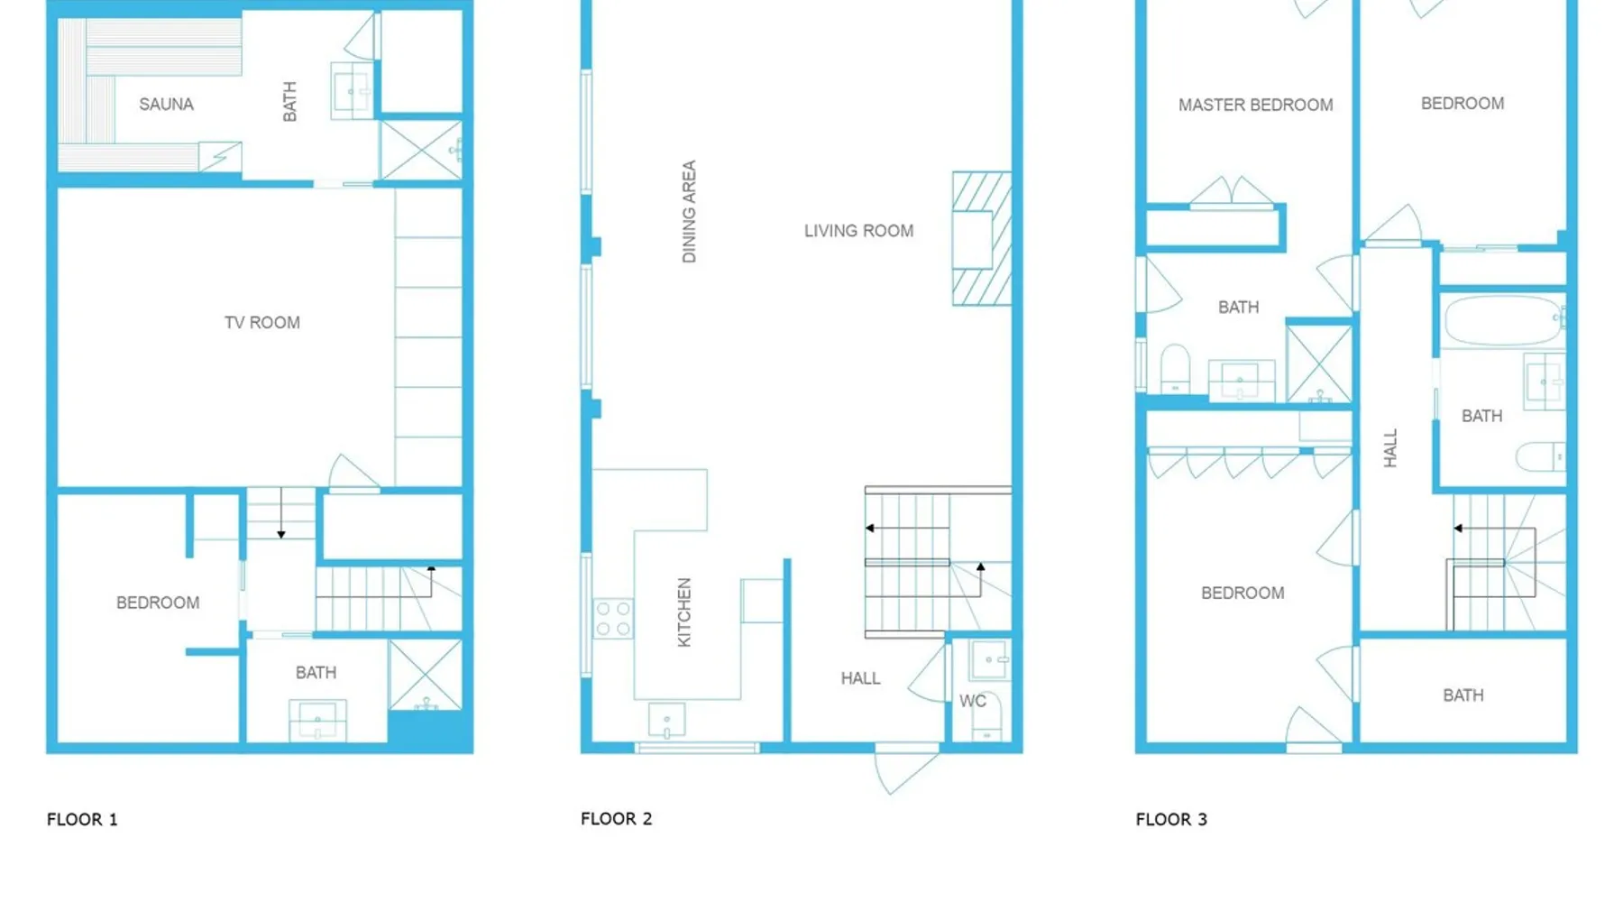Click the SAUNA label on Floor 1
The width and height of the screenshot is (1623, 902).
166,104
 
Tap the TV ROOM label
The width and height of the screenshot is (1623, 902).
262,322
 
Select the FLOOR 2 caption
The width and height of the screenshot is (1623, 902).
616,818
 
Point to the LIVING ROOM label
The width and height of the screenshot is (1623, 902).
858,231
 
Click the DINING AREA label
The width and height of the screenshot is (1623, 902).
689,212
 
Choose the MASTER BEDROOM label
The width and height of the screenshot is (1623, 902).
1255,105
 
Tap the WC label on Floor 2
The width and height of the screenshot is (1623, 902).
972,701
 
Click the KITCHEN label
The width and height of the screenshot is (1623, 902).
684,612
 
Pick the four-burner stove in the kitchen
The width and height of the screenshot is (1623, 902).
613,619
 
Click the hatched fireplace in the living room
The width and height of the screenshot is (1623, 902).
982,238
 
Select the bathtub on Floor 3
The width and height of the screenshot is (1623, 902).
1504,320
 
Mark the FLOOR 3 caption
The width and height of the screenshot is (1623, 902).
1170,819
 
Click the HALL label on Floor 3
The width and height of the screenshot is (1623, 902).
1389,448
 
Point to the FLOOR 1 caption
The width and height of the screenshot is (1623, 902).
82,819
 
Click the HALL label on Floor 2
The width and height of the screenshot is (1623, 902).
860,678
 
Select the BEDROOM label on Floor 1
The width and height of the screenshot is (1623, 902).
158,603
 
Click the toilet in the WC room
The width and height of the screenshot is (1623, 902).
987,722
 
